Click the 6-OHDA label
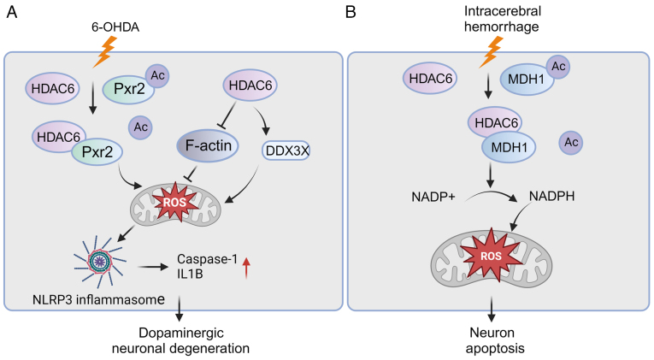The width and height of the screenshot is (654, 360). click(x=115, y=27)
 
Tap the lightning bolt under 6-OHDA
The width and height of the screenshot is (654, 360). click(x=104, y=51)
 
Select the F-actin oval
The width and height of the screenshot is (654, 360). click(x=207, y=145)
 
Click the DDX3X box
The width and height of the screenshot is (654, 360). click(x=286, y=150)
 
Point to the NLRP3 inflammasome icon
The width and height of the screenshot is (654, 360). click(x=100, y=262)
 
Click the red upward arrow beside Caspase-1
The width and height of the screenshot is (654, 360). click(x=246, y=268)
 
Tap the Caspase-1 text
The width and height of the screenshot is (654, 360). click(x=207, y=259)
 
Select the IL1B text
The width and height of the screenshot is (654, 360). click(x=190, y=274)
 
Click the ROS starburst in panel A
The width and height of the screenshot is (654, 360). click(x=175, y=203)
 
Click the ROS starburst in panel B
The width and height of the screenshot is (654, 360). click(x=491, y=255)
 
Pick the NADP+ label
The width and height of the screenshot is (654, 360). click(x=433, y=197)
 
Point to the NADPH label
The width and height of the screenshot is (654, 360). click(x=551, y=196)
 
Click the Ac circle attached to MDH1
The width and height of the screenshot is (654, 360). click(x=558, y=67)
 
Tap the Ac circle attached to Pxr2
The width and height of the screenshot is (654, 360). click(x=157, y=76)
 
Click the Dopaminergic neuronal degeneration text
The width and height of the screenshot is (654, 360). click(x=180, y=340)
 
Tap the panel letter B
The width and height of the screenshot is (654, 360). click(x=351, y=12)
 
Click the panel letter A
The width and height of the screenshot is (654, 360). click(x=12, y=12)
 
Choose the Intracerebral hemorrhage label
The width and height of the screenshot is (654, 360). click(x=502, y=19)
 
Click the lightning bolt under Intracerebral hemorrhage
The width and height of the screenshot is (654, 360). click(x=491, y=51)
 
